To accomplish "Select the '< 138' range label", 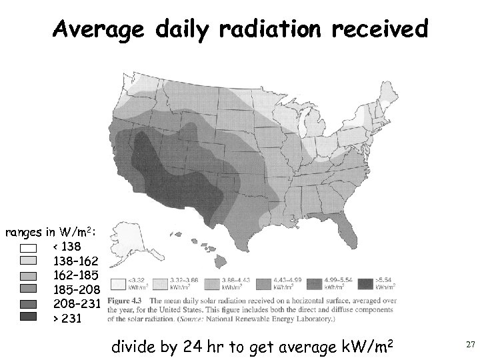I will click(x=67, y=247).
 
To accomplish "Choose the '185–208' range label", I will click(x=76, y=290).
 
